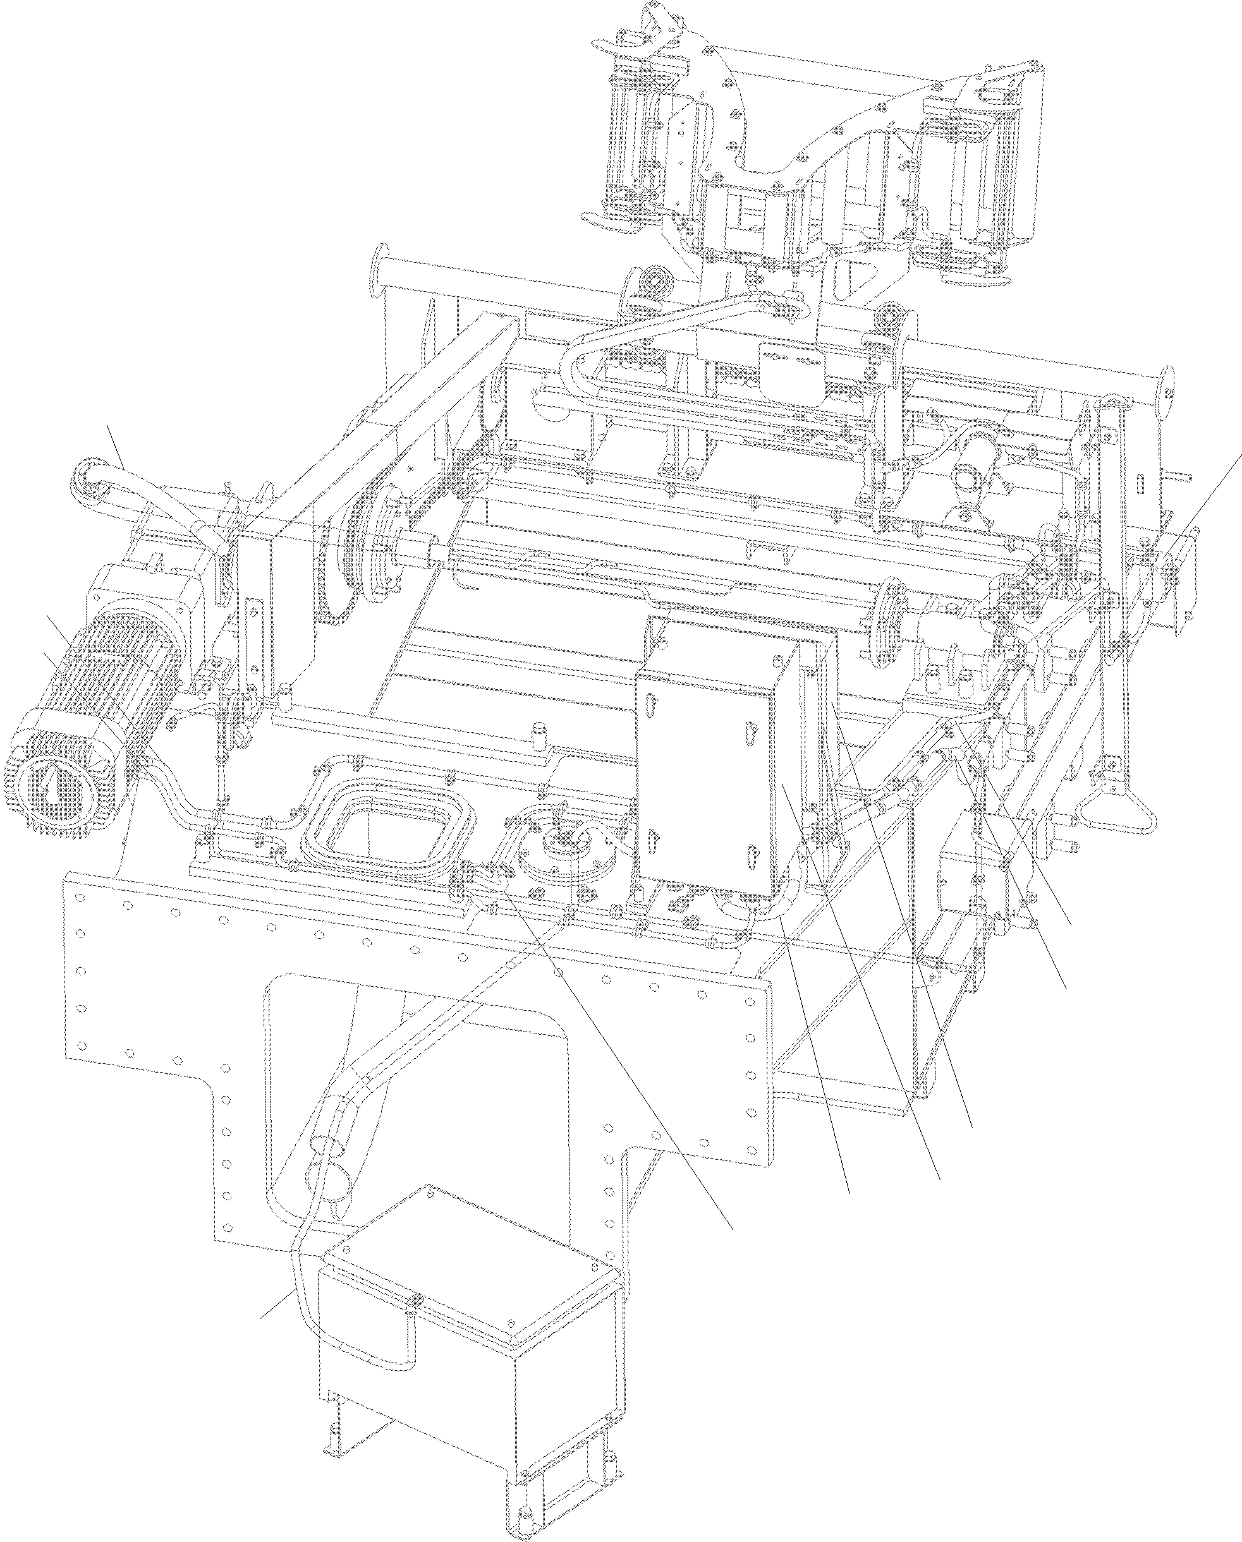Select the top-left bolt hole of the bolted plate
[x=80, y=897]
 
